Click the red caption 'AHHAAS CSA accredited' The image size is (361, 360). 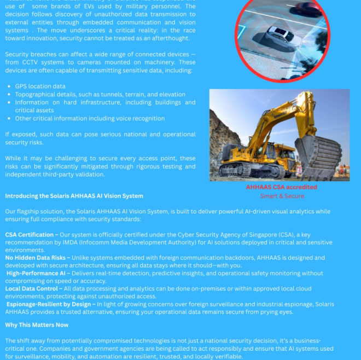[281, 187]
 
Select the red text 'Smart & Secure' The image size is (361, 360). [282, 195]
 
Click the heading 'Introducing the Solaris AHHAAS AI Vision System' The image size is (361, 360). [74, 195]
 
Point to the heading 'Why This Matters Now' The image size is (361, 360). [37, 324]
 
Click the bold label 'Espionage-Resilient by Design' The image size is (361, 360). [50, 304]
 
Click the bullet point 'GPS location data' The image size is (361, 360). [40, 86]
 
